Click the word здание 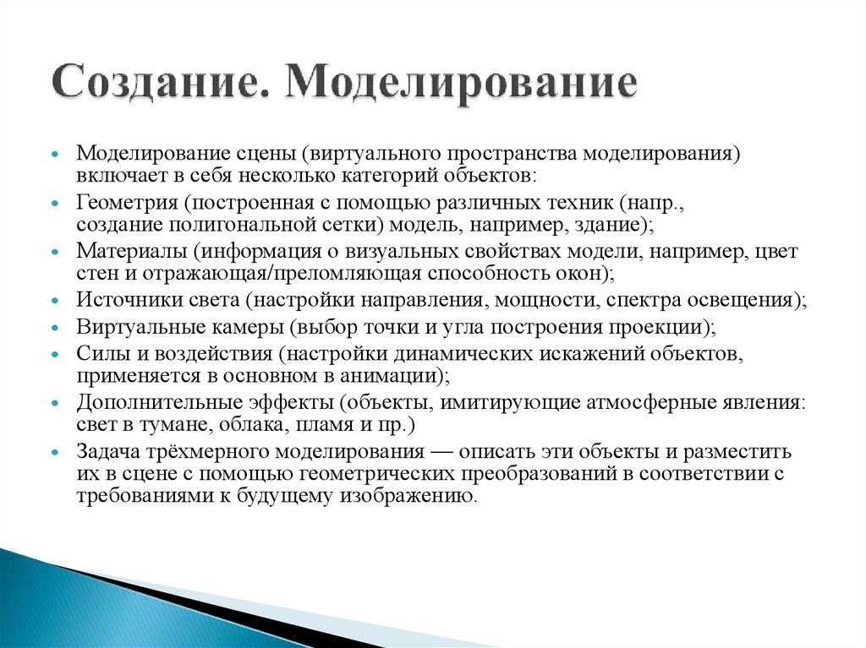[x=616, y=226]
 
